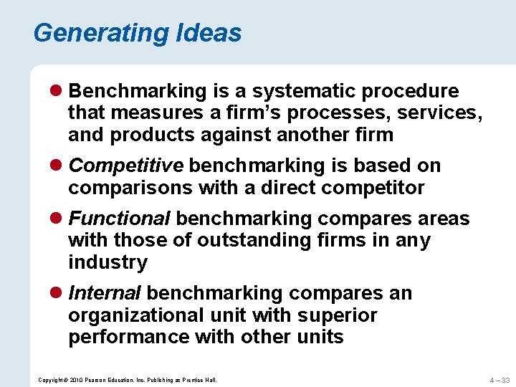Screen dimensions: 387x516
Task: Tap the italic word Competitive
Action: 126,166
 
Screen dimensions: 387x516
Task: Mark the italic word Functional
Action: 120,218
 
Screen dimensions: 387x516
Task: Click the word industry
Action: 107,262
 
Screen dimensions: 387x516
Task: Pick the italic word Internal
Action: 105,293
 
